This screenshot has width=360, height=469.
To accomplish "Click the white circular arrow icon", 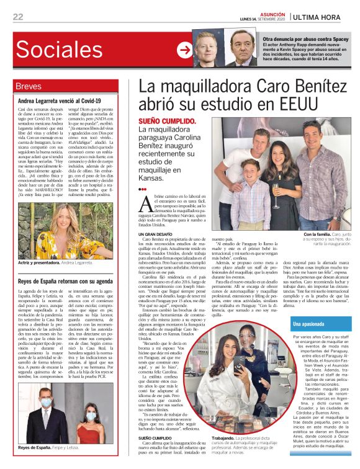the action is point(184,50).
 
